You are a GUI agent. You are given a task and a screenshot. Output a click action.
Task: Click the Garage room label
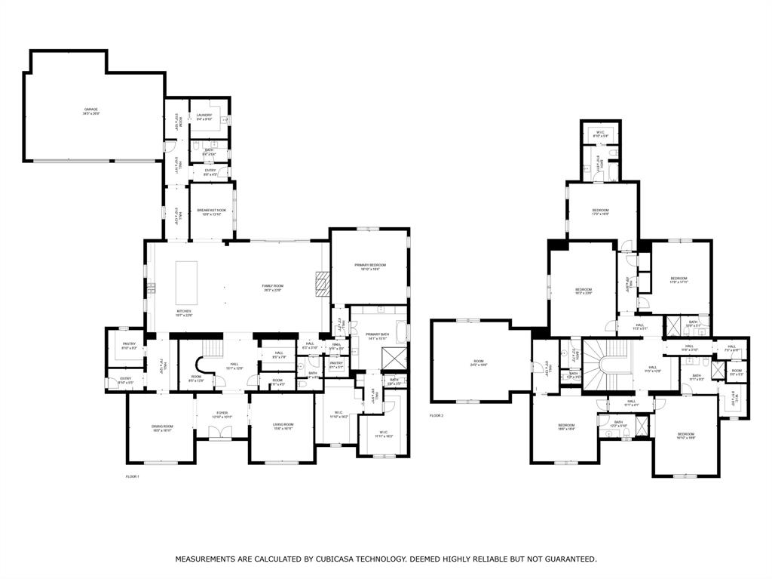91,111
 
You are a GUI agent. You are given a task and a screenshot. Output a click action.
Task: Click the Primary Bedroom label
370,266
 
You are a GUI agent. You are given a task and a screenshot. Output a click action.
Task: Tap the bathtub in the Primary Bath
400,333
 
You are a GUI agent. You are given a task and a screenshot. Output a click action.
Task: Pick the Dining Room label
162,428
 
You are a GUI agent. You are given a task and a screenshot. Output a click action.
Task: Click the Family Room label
271,288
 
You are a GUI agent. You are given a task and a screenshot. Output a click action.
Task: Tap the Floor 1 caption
132,476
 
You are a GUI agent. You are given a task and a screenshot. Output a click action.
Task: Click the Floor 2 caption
437,416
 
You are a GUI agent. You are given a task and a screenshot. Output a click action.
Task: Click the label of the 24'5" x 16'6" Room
478,363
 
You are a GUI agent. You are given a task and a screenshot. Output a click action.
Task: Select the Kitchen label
184,312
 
